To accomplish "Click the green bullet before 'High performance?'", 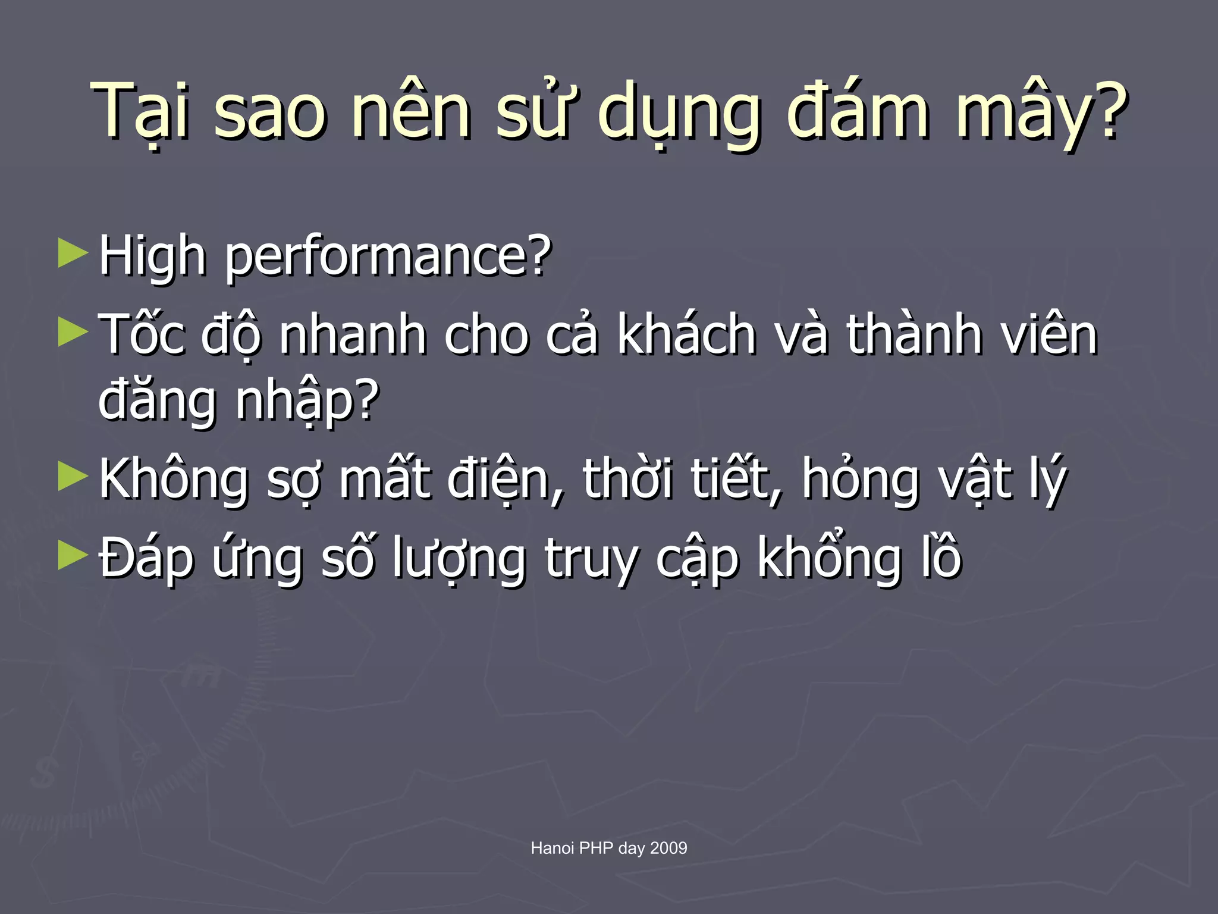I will pyautogui.click(x=73, y=253).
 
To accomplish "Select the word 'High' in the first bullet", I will pyautogui.click(x=152, y=256).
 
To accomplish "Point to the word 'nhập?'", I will pyautogui.click(x=307, y=402).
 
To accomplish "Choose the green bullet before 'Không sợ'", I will pyautogui.click(x=73, y=477).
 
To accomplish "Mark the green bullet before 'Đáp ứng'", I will pyautogui.click(x=73, y=556).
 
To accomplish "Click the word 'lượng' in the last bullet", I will pyautogui.click(x=459, y=559).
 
